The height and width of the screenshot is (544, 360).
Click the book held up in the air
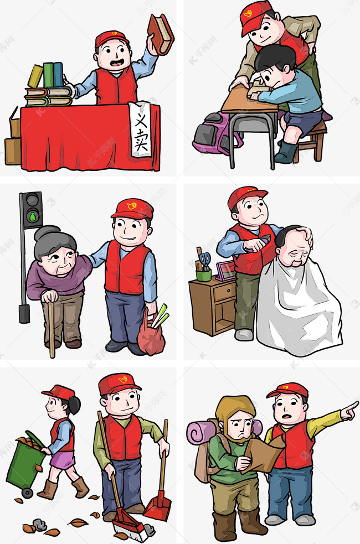tap(161, 34)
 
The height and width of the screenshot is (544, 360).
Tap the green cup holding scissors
tap(203, 274)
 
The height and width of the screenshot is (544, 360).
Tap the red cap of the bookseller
tap(111, 38)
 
